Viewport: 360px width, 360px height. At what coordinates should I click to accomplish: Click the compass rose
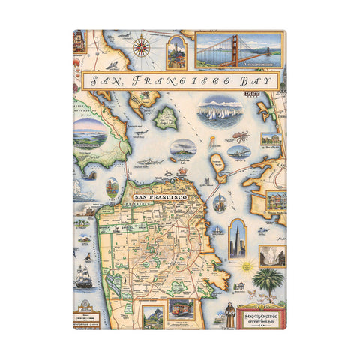click(x=140, y=50)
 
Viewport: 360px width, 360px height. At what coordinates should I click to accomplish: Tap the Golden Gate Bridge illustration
click(x=239, y=49)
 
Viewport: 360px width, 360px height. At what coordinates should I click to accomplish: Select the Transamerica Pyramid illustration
click(x=238, y=237)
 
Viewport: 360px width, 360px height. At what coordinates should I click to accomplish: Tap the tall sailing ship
click(x=84, y=274)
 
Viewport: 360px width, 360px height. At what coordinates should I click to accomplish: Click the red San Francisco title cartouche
click(x=260, y=316)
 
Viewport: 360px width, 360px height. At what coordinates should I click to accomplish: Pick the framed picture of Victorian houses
click(x=274, y=202)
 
